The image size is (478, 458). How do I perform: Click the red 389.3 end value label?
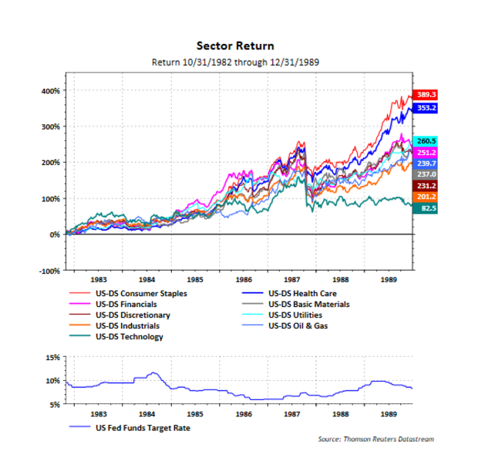point(426,95)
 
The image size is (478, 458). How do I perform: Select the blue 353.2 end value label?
point(426,108)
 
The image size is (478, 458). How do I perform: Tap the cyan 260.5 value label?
point(426,141)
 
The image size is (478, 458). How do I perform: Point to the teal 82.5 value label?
point(426,208)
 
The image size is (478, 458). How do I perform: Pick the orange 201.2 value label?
point(426,197)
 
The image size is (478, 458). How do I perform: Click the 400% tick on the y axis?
point(51,90)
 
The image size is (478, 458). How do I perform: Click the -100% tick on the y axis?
point(49,271)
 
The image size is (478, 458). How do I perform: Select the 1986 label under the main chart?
point(244,280)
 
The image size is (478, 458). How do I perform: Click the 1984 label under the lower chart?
point(147,413)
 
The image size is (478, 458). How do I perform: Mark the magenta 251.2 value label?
point(426,153)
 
